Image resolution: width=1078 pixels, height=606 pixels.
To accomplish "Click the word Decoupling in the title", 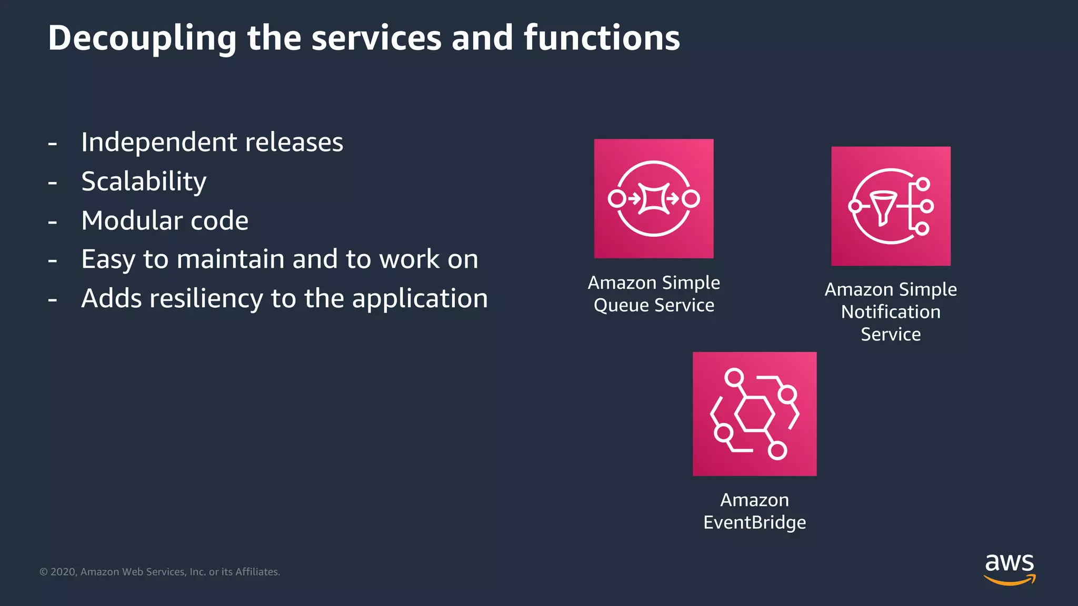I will click(142, 38).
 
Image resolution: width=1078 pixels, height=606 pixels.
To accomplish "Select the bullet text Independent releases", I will click(212, 143).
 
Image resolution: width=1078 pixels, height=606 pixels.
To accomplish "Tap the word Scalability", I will click(144, 181).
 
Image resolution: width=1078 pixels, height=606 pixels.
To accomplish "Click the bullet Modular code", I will click(165, 220).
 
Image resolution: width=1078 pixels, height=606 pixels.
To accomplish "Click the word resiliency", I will click(206, 299).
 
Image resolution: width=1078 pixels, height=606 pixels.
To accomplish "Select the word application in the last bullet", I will click(420, 299).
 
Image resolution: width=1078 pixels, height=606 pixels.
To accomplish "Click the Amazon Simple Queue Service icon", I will click(654, 198).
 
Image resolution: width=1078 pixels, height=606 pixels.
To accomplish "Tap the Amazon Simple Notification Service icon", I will click(891, 206).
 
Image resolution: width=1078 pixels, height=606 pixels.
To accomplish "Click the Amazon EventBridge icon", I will click(754, 414).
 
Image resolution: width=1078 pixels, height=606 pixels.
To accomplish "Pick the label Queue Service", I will click(654, 305).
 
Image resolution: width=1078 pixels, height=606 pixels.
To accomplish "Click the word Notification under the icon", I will click(891, 312).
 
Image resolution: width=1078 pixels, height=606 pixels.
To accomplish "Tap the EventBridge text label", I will click(754, 522).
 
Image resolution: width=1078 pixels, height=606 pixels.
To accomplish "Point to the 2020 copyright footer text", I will click(160, 572).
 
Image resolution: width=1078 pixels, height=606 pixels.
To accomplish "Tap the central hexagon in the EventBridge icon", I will click(754, 415).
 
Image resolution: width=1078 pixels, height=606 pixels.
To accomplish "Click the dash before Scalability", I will click(53, 183).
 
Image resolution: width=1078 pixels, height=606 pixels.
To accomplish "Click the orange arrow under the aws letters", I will click(1009, 581).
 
